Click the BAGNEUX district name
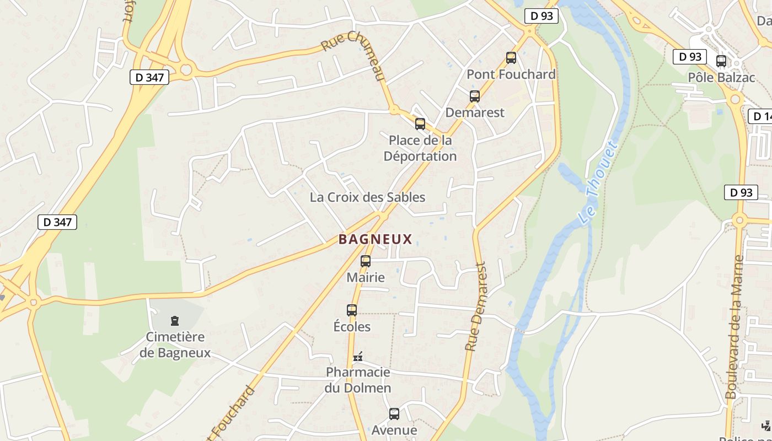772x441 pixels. pyautogui.click(x=375, y=239)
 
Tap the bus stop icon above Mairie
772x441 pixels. pyautogui.click(x=366, y=261)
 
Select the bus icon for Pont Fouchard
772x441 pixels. pyautogui.click(x=511, y=57)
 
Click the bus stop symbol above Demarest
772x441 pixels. pyautogui.click(x=475, y=96)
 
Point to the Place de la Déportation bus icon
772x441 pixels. pyautogui.click(x=420, y=124)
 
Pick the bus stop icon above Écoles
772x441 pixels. pyautogui.click(x=352, y=310)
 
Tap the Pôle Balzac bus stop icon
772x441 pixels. pyautogui.click(x=721, y=61)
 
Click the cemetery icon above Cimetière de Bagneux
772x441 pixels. pyautogui.click(x=175, y=320)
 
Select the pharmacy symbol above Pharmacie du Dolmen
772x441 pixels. pyautogui.click(x=358, y=357)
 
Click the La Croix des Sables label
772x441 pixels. pyautogui.click(x=367, y=197)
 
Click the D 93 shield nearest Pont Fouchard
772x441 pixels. pyautogui.click(x=541, y=16)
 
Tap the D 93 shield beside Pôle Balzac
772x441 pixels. pyautogui.click(x=690, y=56)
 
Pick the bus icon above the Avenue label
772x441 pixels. pyautogui.click(x=394, y=414)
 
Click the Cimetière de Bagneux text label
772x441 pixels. pyautogui.click(x=175, y=345)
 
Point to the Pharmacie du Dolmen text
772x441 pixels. pyautogui.click(x=358, y=380)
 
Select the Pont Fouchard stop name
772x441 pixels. pyautogui.click(x=511, y=74)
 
